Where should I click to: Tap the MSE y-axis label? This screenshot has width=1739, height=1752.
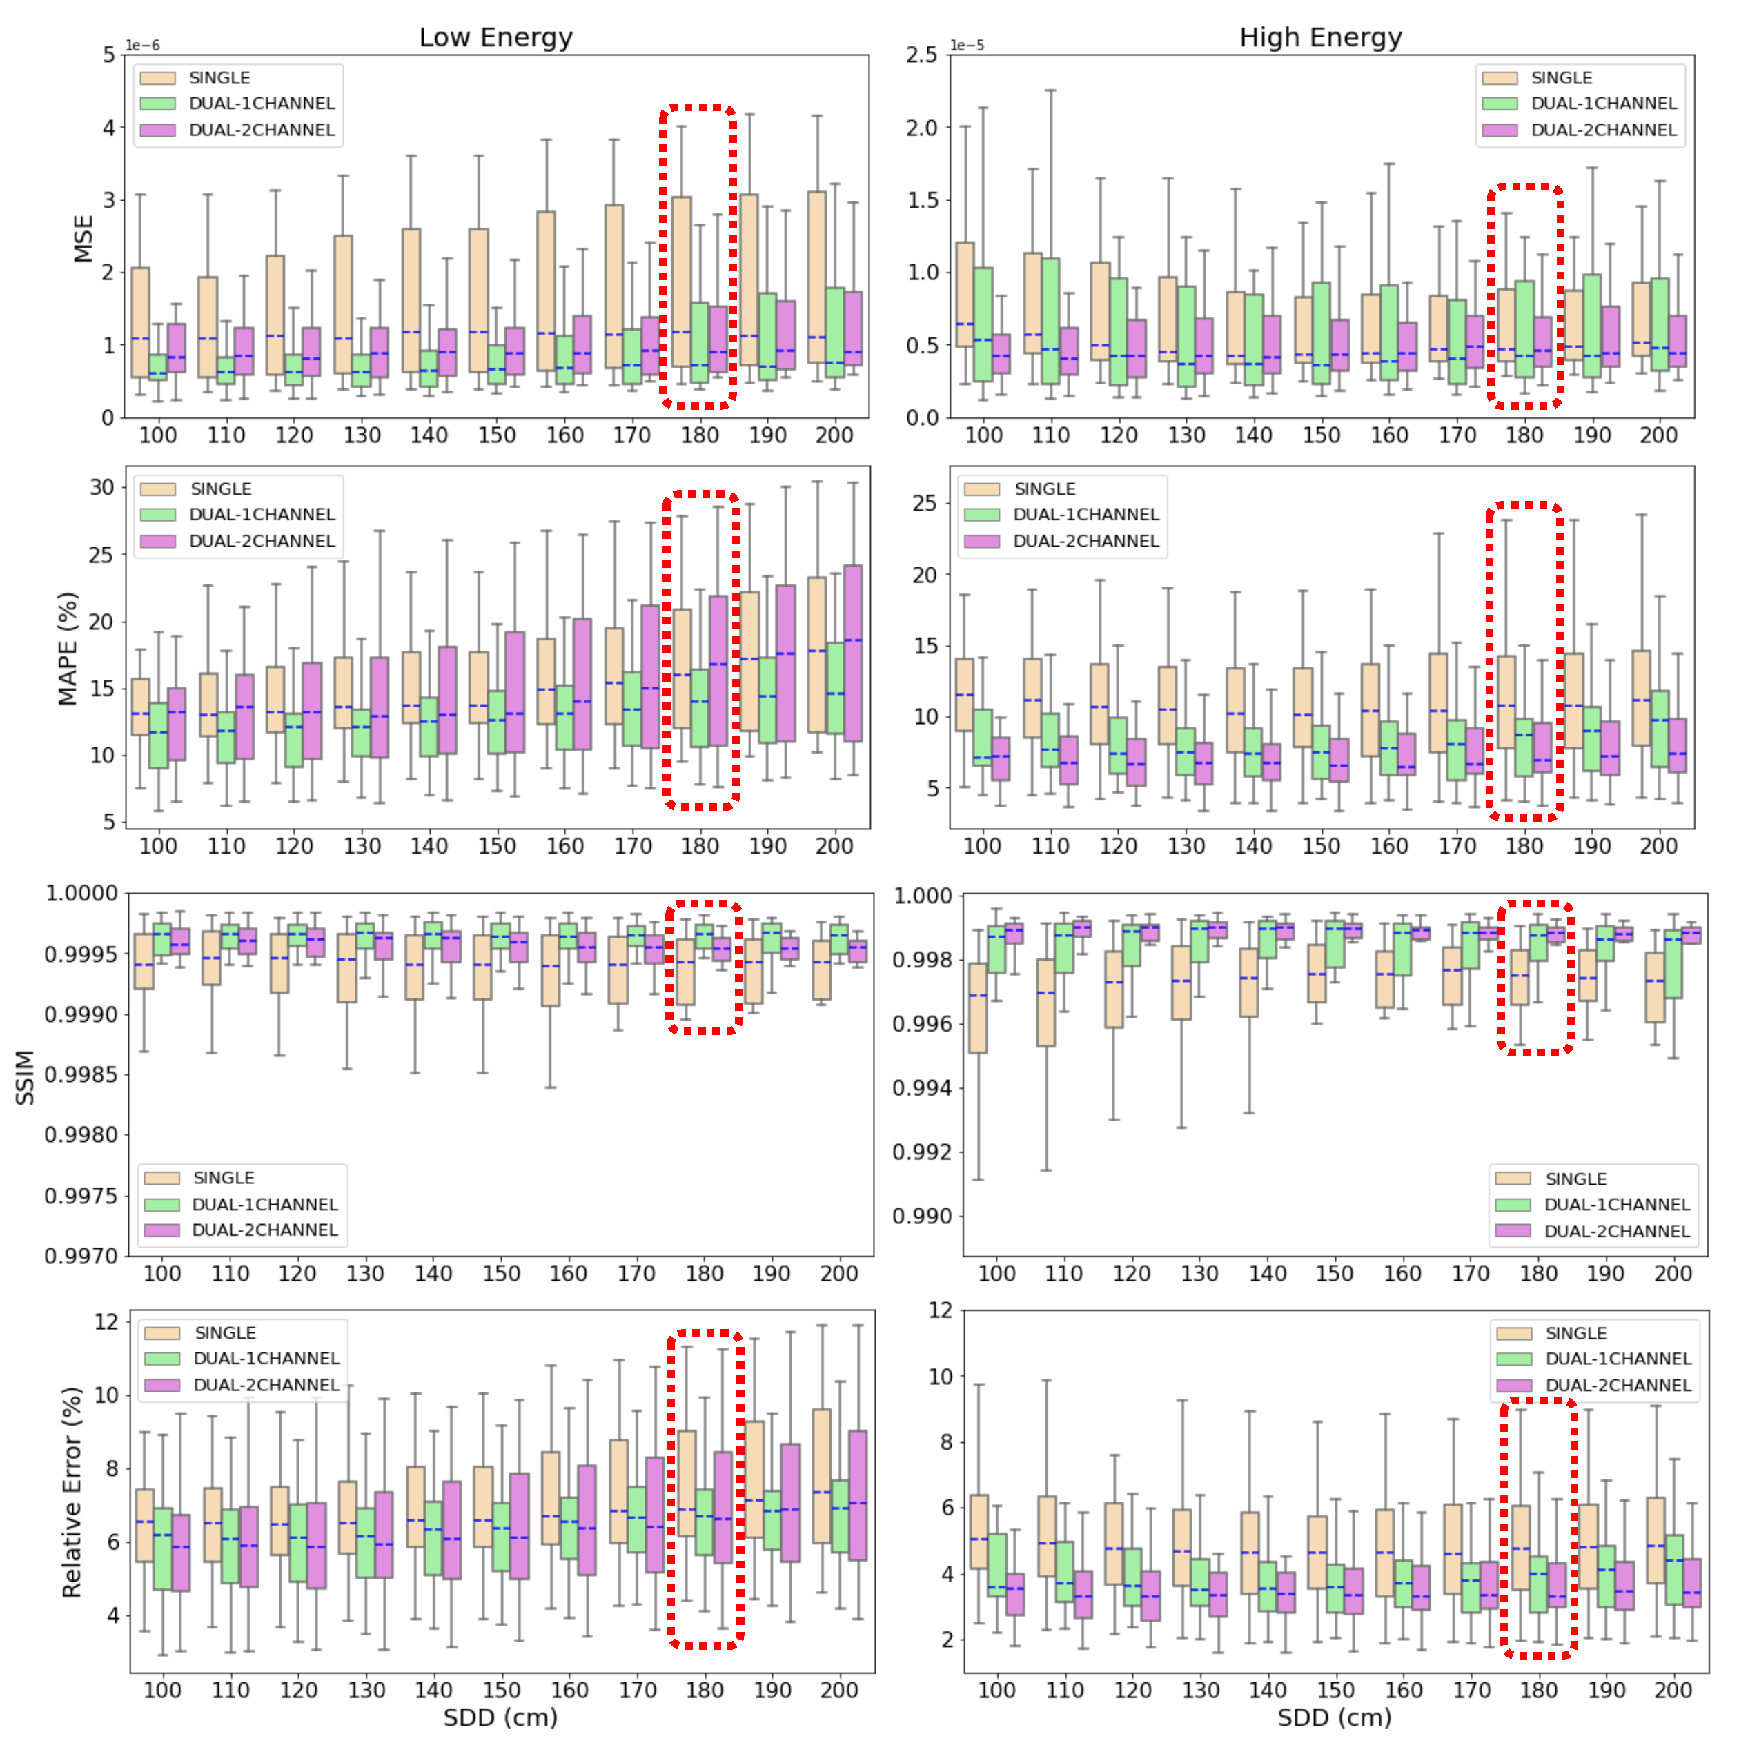point(83,239)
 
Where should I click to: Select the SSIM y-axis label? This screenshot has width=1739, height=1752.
point(26,1076)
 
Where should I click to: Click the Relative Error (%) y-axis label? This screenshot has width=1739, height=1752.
point(72,1491)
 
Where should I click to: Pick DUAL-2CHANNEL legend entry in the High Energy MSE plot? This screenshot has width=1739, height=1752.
point(1602,130)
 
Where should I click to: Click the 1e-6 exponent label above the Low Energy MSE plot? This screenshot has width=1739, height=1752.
point(142,46)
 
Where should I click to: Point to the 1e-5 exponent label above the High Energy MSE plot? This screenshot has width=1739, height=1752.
point(967,46)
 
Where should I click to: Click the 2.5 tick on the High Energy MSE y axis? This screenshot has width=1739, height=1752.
point(921,55)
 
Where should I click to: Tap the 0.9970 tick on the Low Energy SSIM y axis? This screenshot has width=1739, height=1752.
point(81,1255)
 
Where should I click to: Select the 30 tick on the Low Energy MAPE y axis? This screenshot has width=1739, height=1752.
point(101,487)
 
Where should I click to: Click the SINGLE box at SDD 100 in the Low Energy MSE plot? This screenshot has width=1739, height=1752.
point(141,322)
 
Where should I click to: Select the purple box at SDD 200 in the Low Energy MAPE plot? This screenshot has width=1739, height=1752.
point(852,653)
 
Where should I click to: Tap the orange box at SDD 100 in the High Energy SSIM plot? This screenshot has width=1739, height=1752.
point(977,1007)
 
